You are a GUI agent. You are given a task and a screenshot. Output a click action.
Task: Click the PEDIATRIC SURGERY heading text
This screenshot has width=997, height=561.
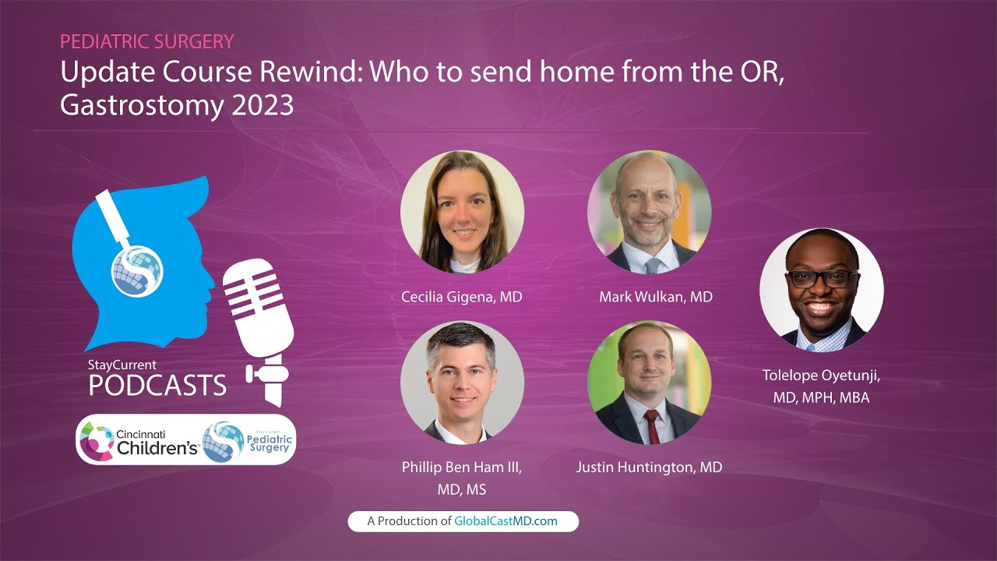pyautogui.click(x=147, y=41)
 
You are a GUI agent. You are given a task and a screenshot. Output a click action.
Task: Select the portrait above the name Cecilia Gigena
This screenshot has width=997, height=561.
pyautogui.click(x=462, y=211)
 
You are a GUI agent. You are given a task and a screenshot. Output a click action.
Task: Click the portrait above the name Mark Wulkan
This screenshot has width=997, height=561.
pyautogui.click(x=649, y=211)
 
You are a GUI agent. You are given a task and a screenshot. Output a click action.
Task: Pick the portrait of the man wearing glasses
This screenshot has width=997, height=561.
pyautogui.click(x=821, y=289)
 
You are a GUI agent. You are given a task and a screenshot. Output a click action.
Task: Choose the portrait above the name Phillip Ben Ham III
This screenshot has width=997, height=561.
pyautogui.click(x=462, y=383)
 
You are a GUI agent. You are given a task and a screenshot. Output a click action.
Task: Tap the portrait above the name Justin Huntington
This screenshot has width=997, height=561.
pyautogui.click(x=649, y=383)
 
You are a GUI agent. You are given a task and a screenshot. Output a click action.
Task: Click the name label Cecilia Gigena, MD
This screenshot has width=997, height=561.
pyautogui.click(x=462, y=297)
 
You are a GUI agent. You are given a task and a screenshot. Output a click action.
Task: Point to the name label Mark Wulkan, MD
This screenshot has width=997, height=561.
pyautogui.click(x=656, y=297)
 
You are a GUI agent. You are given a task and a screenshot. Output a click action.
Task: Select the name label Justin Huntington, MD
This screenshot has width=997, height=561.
pyautogui.click(x=649, y=467)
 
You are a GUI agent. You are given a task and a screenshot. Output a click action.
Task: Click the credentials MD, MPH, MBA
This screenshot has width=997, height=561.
pyautogui.click(x=821, y=397)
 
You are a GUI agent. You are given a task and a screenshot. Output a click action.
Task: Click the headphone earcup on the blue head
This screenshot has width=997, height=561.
pyautogui.click(x=136, y=270)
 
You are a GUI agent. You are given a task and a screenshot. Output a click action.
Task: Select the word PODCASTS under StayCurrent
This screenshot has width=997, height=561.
pyautogui.click(x=157, y=385)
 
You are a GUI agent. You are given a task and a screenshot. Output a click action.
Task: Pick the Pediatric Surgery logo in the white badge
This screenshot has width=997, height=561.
pyautogui.click(x=248, y=440)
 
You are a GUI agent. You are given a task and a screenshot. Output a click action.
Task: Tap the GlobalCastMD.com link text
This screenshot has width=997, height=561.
pyautogui.click(x=506, y=521)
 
